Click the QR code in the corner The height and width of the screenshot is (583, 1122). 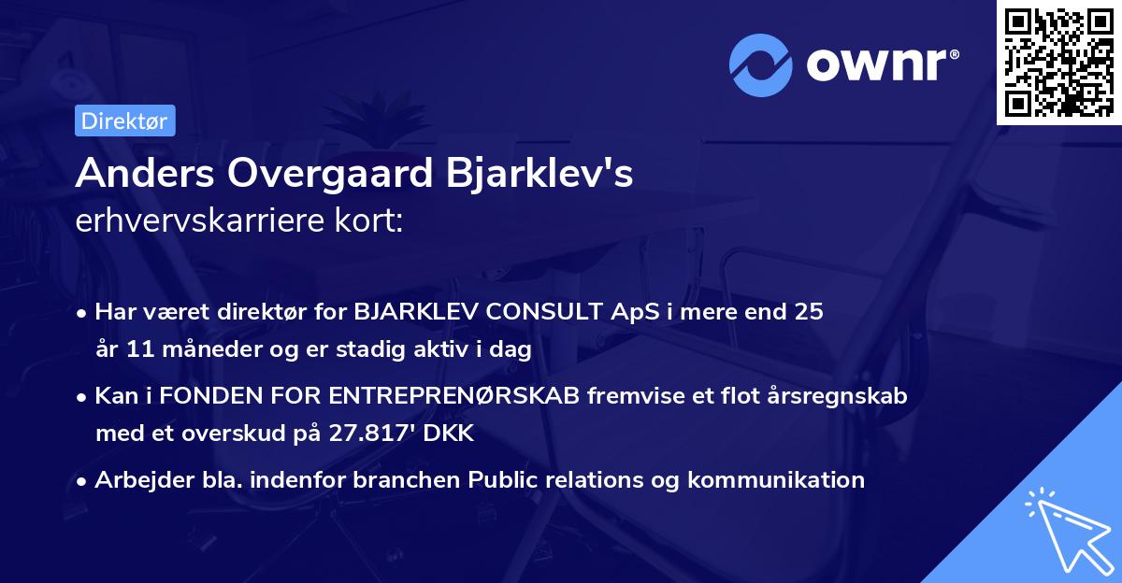point(1059,62)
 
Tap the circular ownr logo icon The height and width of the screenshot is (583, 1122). point(761,64)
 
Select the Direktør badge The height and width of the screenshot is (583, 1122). point(124,121)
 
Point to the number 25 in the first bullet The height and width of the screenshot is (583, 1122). point(810,312)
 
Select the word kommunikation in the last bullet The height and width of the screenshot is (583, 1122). point(776,480)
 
